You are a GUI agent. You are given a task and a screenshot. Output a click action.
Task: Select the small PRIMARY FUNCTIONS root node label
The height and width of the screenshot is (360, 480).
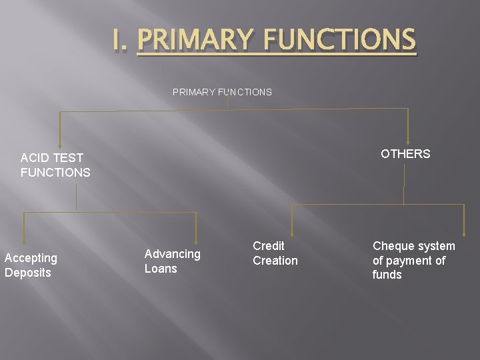pyautogui.click(x=222, y=92)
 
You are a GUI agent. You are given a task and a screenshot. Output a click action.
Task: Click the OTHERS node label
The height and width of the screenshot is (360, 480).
pyautogui.click(x=405, y=154)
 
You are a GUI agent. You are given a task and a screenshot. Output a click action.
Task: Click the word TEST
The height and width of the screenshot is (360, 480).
pyautogui.click(x=69, y=158)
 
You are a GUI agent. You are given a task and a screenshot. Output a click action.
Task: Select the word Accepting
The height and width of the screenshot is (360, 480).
pyautogui.click(x=31, y=258)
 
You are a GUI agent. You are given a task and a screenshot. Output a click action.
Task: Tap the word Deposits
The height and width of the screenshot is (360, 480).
pyautogui.click(x=28, y=273)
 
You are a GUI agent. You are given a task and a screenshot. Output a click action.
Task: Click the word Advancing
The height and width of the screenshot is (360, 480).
pyautogui.click(x=172, y=254)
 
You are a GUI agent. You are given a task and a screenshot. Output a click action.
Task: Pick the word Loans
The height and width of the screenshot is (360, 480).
pyautogui.click(x=161, y=269)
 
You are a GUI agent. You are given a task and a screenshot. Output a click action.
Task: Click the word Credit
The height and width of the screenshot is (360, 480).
pyautogui.click(x=269, y=246)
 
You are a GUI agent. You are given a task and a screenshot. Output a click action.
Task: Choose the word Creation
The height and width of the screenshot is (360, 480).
pyautogui.click(x=275, y=261)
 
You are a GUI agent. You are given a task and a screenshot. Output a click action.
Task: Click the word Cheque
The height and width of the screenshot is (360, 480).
pyautogui.click(x=393, y=246)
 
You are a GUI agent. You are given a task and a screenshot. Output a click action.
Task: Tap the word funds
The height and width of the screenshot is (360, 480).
pyautogui.click(x=387, y=275)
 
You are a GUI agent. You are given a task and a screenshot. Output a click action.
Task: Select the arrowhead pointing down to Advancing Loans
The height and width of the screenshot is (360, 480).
pyautogui.click(x=196, y=237)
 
